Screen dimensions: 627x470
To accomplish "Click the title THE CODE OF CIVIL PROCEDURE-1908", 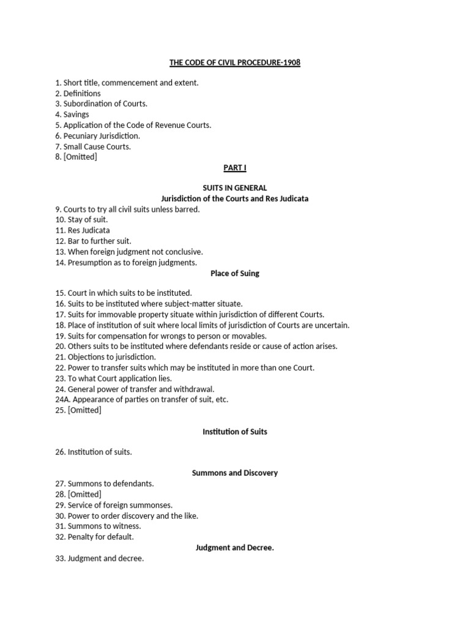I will pos(235,62).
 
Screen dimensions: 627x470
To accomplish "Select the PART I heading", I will pos(235,167).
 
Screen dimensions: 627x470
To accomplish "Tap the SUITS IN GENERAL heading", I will pos(235,188).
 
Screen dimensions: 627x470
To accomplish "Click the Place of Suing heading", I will pos(235,273).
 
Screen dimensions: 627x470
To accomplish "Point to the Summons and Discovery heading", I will pos(235,473).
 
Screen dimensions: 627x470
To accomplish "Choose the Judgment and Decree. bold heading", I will pos(235,547).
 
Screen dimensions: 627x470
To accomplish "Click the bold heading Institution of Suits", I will pos(235,432).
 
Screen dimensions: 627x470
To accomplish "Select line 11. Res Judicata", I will pos(83,231).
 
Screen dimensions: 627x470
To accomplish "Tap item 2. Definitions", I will pos(78,93).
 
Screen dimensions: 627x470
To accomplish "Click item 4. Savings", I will pos(72,115).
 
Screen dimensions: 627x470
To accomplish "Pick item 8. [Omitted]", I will pos(76,157).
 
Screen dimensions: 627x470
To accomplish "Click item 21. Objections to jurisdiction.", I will pos(105,357).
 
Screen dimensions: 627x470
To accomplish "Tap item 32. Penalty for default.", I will pos(94,536).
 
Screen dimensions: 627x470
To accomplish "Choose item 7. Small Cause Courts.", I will pos(93,146).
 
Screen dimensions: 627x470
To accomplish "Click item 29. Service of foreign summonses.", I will pos(114,505).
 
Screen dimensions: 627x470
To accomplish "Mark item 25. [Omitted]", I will pos(78,410).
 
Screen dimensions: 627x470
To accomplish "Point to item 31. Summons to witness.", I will pos(98,526).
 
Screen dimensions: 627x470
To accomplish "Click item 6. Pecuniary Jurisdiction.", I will pos(97,135).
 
